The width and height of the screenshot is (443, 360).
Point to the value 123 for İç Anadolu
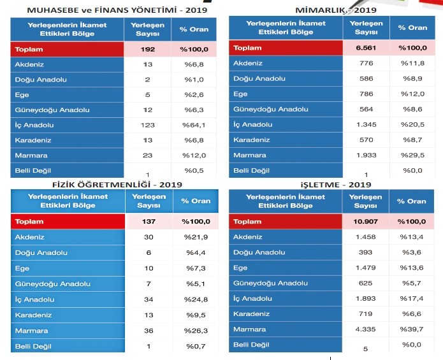point(148,125)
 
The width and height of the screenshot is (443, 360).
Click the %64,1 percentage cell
point(193,125)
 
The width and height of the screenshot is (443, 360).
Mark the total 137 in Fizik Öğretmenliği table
point(148,222)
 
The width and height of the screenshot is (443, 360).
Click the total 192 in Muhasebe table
point(148,48)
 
